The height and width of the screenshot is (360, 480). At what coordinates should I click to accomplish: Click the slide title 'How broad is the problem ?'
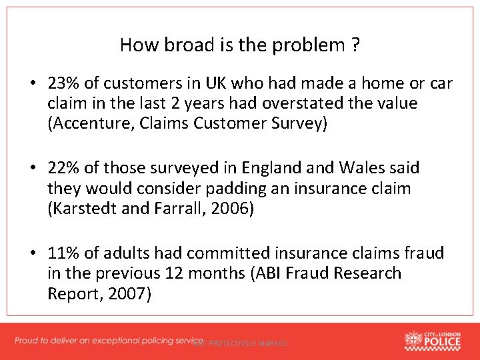coord(240,45)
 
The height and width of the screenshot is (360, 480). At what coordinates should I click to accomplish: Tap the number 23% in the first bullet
coord(63,83)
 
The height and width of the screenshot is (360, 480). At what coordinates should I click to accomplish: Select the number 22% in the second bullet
coord(63,169)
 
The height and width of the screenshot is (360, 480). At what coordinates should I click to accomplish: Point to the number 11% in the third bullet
coord(63,253)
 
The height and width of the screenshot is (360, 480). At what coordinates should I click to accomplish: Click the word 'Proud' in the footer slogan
coord(29,341)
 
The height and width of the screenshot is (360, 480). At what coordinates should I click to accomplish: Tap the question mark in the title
coord(356,45)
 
